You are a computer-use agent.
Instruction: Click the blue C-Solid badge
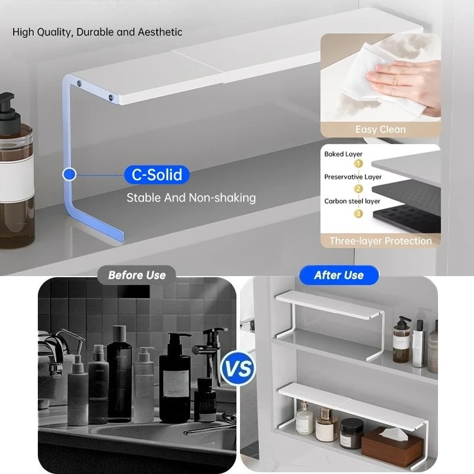coord(157,174)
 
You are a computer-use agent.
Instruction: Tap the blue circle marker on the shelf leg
coord(69,174)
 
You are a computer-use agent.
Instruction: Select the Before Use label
coord(137,275)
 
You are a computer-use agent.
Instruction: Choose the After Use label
coord(339,275)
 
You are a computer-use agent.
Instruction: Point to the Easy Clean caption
coord(380,129)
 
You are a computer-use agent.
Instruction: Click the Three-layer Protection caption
coord(380,241)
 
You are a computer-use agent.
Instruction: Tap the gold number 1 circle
coord(358,164)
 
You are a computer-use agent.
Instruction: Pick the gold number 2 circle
coord(358,189)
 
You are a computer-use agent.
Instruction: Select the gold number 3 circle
coord(358,214)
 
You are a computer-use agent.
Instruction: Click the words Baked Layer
coord(343,154)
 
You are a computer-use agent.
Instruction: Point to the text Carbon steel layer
coord(352,201)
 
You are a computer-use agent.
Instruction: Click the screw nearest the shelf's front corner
coord(111,97)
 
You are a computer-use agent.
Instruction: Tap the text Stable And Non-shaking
coord(191,198)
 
